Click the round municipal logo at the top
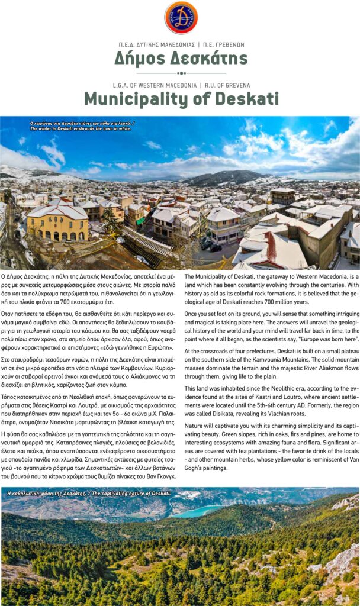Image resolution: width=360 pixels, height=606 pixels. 181,17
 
